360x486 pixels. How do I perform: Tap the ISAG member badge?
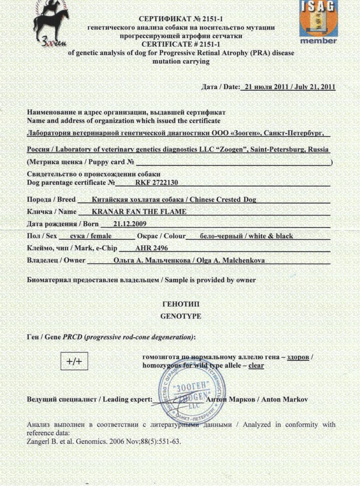(318, 22)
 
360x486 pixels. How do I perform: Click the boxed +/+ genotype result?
(74, 361)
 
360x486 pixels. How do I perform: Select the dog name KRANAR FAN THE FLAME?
(139, 212)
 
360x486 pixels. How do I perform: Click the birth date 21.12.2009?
(130, 224)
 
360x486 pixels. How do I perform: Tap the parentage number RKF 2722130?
(156, 183)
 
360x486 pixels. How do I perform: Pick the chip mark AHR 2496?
(152, 248)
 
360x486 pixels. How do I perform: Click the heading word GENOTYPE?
(181, 316)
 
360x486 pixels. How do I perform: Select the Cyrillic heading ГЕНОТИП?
(181, 304)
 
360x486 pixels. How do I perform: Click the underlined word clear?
(256, 365)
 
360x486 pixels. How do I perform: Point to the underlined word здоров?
(298, 357)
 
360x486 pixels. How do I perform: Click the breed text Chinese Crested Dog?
(223, 199)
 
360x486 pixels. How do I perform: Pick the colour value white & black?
(271, 236)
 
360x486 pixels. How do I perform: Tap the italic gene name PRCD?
(72, 337)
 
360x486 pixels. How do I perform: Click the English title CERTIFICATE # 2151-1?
(181, 44)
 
